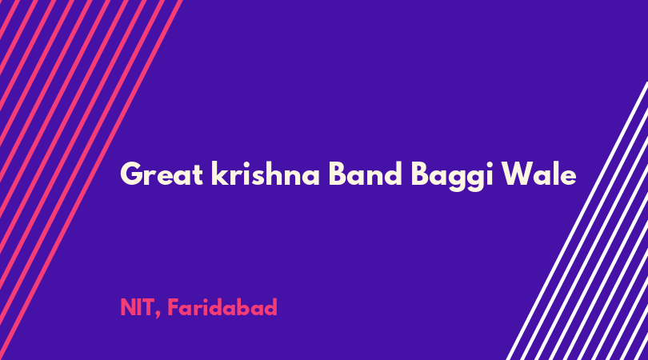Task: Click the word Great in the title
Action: [x=161, y=174]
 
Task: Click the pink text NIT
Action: [x=137, y=307]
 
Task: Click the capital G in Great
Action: [x=132, y=174]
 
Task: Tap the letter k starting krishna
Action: [x=220, y=173]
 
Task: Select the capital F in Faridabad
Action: [x=174, y=307]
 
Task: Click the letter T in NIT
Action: [x=147, y=307]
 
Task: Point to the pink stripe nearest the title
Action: [x=91, y=180]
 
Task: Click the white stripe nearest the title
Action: [x=577, y=221]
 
